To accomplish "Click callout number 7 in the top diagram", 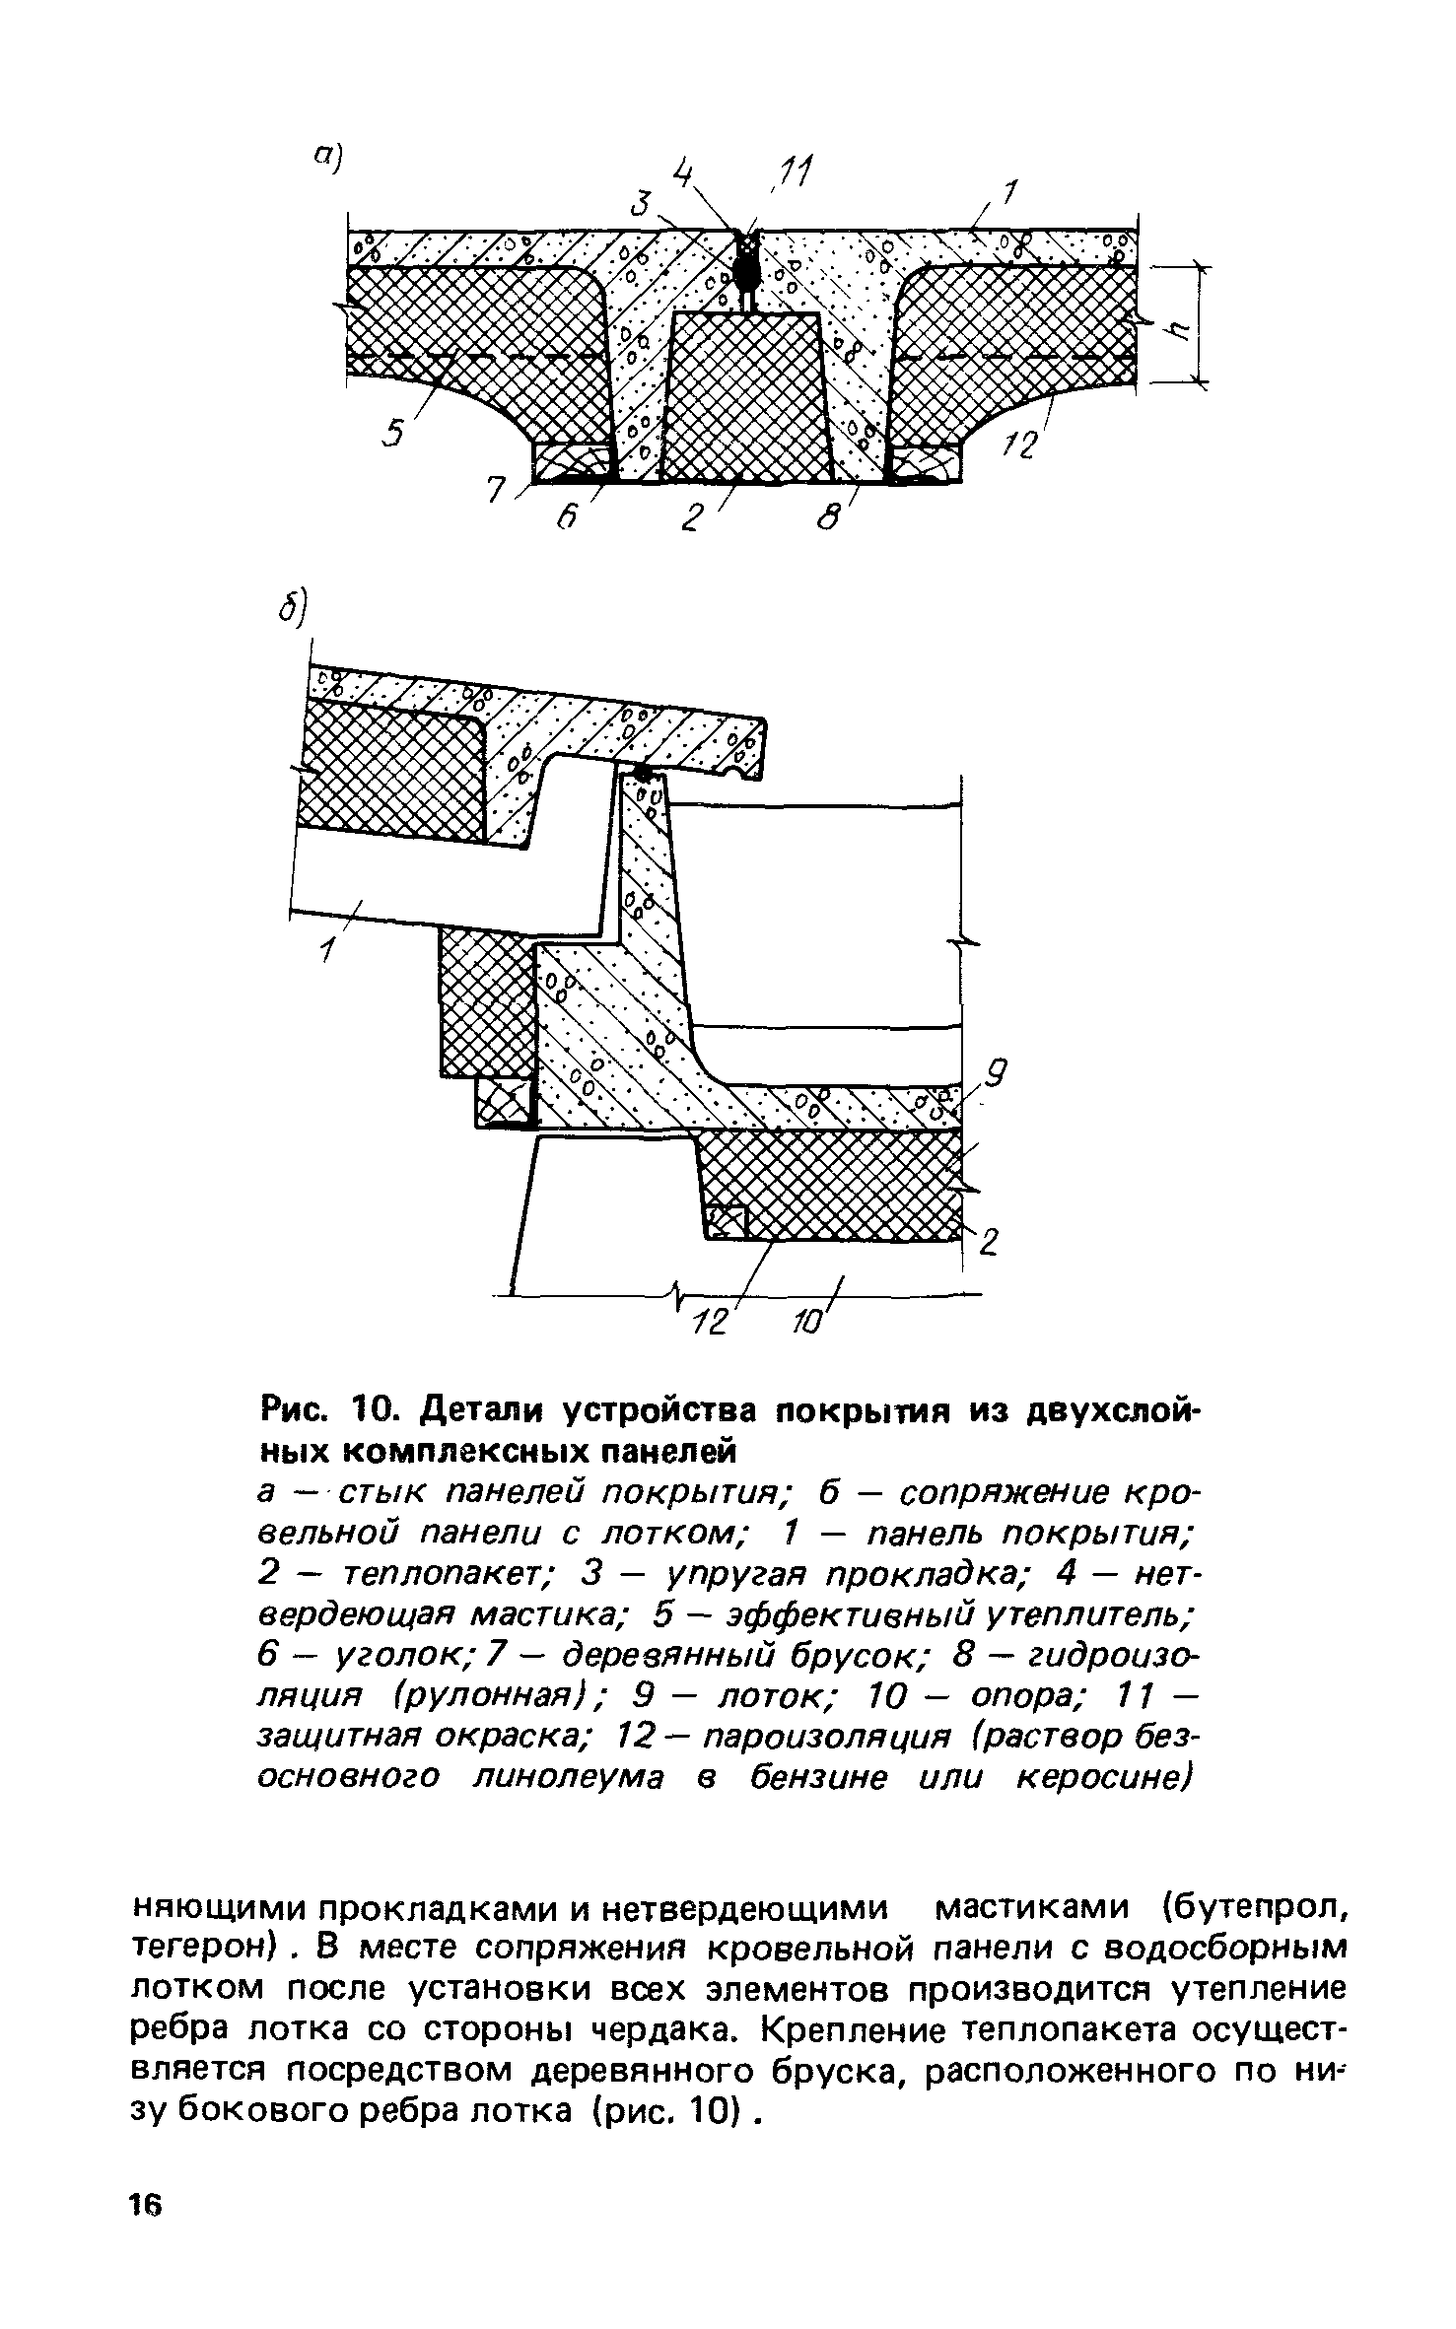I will (499, 490).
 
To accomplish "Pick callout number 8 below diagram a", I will (830, 515).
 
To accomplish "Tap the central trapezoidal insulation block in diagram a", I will (744, 399).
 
